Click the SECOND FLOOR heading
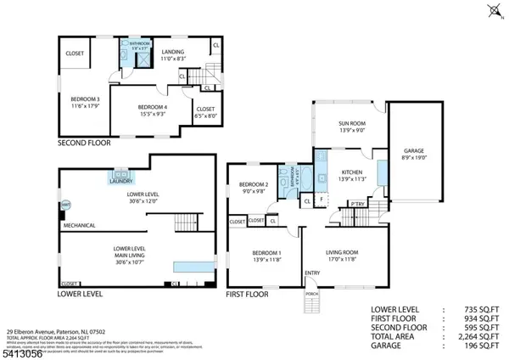click(x=84, y=143)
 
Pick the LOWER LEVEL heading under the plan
click(x=81, y=294)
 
